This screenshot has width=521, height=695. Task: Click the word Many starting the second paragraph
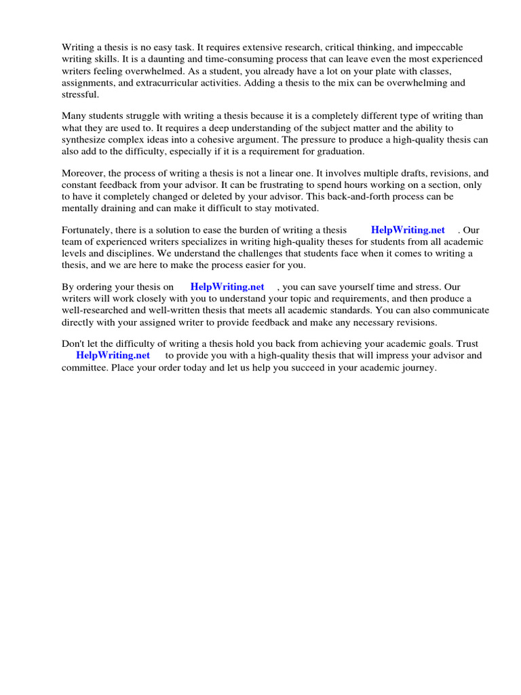click(x=74, y=116)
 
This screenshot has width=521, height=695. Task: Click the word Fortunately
click(x=88, y=230)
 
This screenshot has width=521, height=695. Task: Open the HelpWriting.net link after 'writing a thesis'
click(x=408, y=230)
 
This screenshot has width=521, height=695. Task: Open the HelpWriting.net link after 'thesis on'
click(x=227, y=287)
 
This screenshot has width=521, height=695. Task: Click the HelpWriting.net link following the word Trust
click(x=113, y=355)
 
